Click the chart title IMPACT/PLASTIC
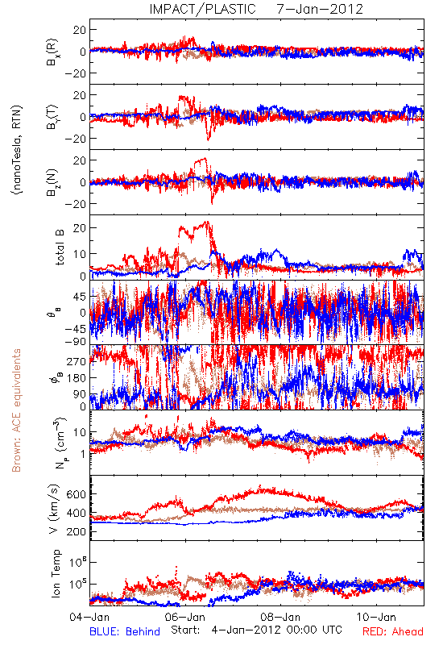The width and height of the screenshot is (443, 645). [203, 9]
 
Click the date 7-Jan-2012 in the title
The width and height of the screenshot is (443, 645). [320, 9]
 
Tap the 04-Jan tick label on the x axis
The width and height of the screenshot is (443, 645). [89, 617]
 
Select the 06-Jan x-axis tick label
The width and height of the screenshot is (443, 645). [185, 617]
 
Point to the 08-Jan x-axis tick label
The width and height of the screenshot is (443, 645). [280, 617]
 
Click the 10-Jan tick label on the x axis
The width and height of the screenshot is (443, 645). [376, 617]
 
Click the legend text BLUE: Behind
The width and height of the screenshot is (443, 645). [125, 631]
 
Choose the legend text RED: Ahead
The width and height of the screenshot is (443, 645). [393, 631]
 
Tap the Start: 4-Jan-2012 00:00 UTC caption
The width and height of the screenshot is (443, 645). [256, 630]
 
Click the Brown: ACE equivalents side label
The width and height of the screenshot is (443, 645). [16, 410]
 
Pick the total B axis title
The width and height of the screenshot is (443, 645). [59, 248]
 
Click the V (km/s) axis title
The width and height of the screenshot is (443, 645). [54, 509]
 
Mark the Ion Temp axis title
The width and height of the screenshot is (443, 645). [56, 573]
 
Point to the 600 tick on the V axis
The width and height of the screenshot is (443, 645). [76, 494]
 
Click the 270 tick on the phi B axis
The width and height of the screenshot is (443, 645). [77, 361]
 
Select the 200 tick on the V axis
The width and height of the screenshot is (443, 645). [76, 531]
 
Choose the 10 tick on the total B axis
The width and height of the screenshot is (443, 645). [79, 253]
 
